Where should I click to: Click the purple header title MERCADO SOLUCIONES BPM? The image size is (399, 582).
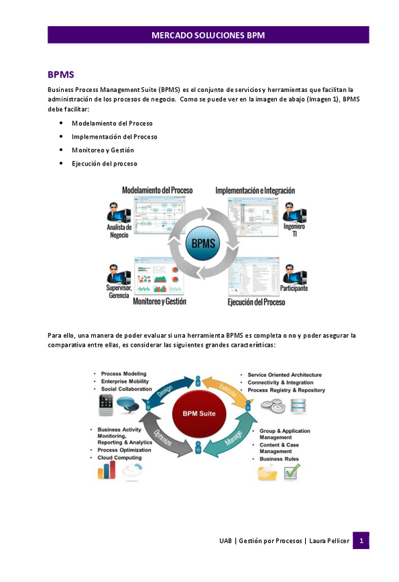tap(208, 35)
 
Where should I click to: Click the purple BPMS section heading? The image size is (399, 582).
tap(60, 74)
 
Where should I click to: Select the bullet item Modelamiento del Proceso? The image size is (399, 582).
tap(112, 124)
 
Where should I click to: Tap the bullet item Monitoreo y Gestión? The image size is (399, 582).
tap(103, 150)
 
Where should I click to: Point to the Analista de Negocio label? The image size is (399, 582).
tap(119, 231)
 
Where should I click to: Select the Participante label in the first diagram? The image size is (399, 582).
tap(293, 289)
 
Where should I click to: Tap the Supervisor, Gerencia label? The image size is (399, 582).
tap(119, 291)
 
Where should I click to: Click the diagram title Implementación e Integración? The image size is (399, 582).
tap(255, 190)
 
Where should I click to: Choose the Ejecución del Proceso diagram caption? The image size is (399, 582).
tap(256, 301)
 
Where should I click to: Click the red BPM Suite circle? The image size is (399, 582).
tap(199, 414)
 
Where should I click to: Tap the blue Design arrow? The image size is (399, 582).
tap(165, 391)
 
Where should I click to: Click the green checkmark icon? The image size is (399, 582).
tap(292, 472)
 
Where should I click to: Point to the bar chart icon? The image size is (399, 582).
tap(106, 470)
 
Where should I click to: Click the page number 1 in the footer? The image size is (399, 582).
tap(361, 541)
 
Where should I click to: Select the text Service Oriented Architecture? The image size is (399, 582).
tap(284, 375)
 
